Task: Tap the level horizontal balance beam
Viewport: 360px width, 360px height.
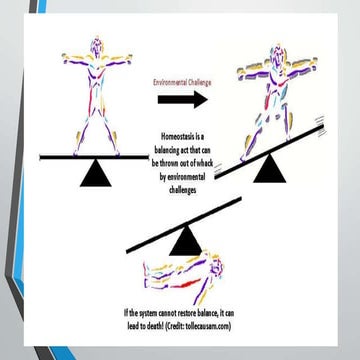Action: point(94,157)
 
